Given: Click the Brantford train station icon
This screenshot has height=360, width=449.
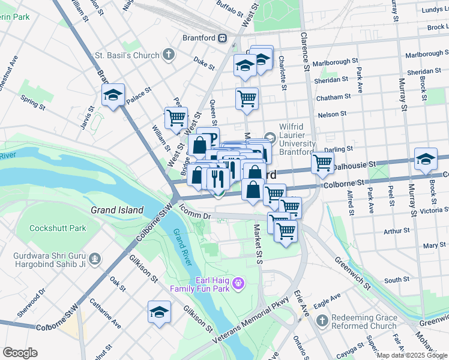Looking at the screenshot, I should pyautogui.click(x=223, y=38).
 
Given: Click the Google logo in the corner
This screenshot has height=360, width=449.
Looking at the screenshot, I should pyautogui.click(x=20, y=353).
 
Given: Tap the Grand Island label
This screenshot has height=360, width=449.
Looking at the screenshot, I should pyautogui.click(x=117, y=210).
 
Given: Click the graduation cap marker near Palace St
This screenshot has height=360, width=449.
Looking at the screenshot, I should pyautogui.click(x=113, y=95).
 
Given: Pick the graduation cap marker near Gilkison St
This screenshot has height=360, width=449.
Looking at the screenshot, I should pyautogui.click(x=159, y=312).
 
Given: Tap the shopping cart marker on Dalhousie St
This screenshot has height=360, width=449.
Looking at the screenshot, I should pyautogui.click(x=322, y=162).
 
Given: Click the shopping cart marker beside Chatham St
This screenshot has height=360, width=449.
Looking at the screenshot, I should pyautogui.click(x=247, y=98).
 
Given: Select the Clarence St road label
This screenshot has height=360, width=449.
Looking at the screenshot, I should pyautogui.click(x=304, y=51).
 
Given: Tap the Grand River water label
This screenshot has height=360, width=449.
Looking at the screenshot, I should pyautogui.click(x=182, y=248).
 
